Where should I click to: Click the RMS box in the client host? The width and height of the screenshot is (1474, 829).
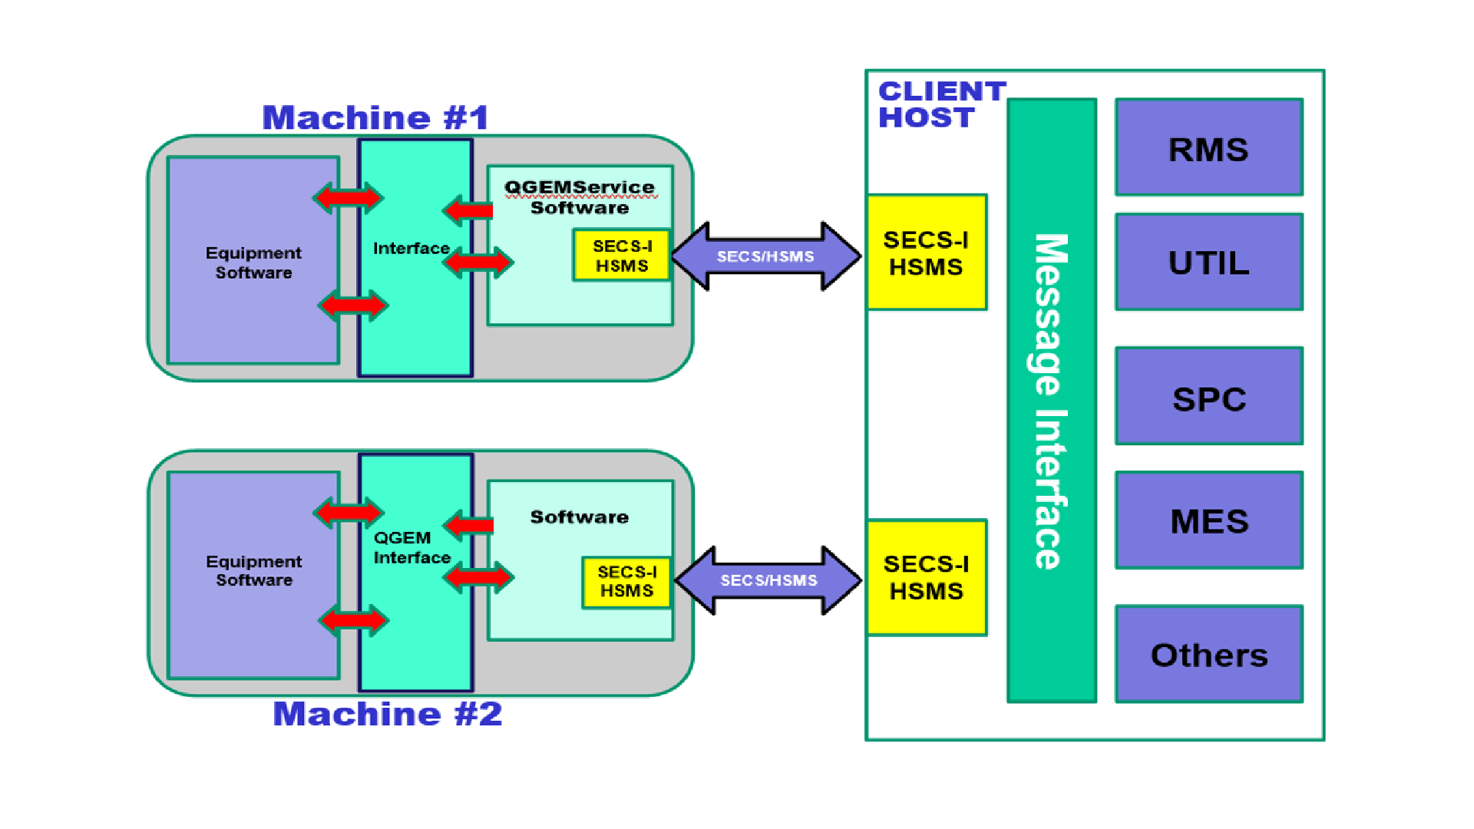tap(1208, 147)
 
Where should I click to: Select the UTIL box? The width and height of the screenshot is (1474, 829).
tap(1208, 263)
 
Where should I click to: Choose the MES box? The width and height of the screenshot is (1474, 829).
tap(1208, 521)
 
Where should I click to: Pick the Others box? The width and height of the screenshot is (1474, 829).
tap(1208, 655)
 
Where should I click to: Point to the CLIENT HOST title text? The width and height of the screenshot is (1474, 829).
tap(940, 104)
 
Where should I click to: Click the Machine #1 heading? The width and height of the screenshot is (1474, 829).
tap(375, 118)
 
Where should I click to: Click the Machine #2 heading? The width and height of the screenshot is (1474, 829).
tap(387, 714)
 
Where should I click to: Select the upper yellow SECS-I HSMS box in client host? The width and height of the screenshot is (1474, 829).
tap(926, 253)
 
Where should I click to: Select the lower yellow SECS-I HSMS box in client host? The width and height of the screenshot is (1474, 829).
tap(926, 577)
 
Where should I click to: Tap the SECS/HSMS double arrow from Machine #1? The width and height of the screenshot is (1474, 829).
tap(765, 256)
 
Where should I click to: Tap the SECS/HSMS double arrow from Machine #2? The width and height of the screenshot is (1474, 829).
tap(768, 580)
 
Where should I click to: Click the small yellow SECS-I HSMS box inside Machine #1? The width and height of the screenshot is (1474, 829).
tap(622, 256)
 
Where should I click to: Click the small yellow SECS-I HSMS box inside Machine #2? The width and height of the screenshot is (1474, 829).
tap(626, 582)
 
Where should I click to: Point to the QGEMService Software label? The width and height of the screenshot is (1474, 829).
tap(580, 197)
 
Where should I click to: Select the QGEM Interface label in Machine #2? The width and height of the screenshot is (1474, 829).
tap(411, 547)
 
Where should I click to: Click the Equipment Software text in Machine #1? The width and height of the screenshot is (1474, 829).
tap(253, 263)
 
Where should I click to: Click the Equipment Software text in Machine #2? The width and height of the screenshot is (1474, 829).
tap(253, 570)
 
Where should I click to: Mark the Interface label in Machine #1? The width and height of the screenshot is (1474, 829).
tap(411, 248)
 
